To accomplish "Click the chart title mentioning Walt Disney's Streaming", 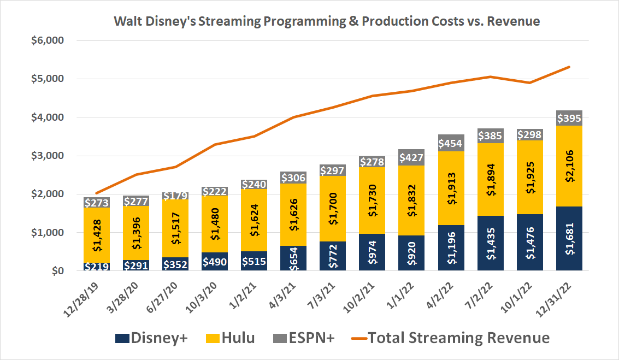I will pos(326,22).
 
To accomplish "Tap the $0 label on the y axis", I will pos(57,271).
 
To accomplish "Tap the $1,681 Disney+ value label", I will pos(569,238).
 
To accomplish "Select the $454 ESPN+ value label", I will pos(451,144).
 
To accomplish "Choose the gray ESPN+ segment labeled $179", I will pos(175,196).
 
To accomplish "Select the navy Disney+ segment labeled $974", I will pos(372,252).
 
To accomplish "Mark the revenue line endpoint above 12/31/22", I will pos(569,67).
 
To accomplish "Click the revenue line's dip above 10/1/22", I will pos(529,83).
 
